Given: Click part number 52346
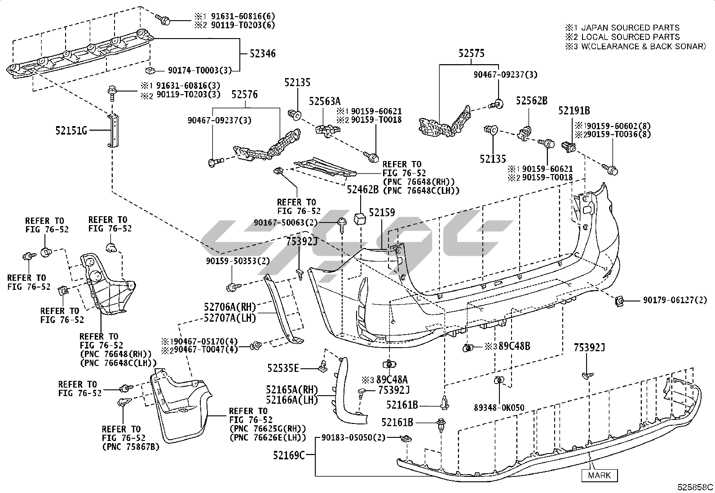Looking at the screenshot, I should [x=263, y=54].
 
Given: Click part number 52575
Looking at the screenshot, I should [x=472, y=53].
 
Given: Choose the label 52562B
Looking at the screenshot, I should [x=531, y=101].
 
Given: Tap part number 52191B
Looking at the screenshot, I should [x=574, y=110].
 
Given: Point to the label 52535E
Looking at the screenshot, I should [x=283, y=368].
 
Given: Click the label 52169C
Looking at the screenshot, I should [x=289, y=455].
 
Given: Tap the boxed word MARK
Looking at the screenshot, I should [x=600, y=475].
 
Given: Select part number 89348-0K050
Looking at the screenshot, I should [x=499, y=408].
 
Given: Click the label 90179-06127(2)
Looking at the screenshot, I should [x=669, y=301].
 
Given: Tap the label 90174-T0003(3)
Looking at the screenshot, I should [x=199, y=70].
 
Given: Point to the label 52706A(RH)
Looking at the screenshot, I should [x=230, y=307].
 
